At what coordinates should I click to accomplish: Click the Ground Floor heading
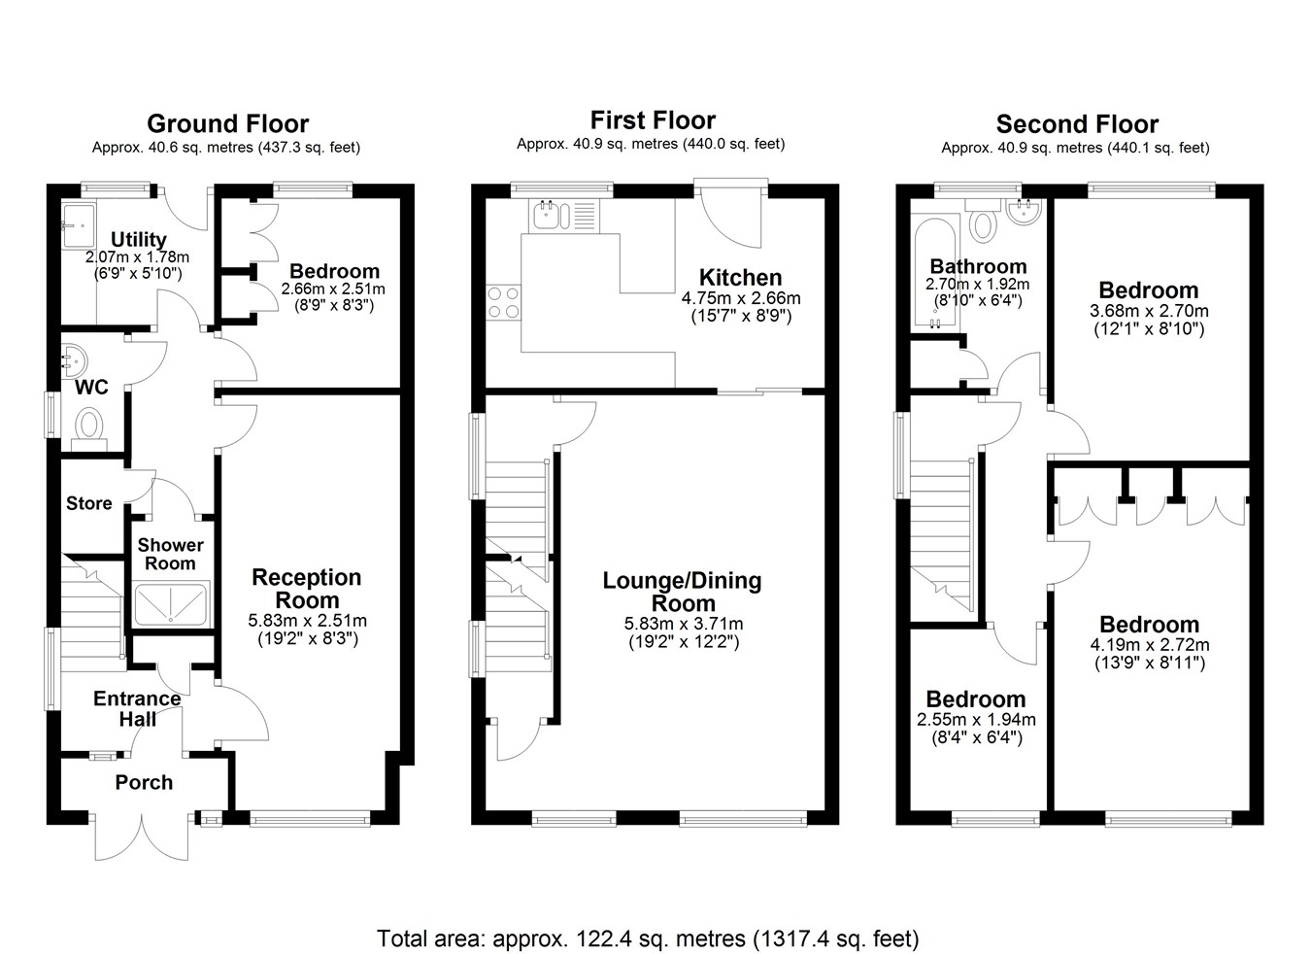pos(227,123)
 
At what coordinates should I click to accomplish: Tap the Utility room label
pos(139,239)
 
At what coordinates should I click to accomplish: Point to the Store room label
pos(89,503)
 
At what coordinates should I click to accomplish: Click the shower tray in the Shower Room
pos(170,604)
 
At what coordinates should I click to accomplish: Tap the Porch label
pos(144,782)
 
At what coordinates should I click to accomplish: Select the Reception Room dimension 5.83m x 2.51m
pos(307,620)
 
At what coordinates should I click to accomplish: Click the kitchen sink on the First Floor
pos(564,215)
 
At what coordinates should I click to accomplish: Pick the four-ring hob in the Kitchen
pos(503,302)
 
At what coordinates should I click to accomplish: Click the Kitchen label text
pos(740,277)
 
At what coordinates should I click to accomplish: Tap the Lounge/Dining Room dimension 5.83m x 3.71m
pos(684,624)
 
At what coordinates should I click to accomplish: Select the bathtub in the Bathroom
pos(935,271)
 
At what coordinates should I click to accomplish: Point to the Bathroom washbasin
pos(1025,211)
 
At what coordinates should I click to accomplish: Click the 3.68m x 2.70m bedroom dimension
pos(1149,310)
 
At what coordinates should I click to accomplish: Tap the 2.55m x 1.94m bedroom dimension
pos(976,719)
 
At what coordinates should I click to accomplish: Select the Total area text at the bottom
pos(648,922)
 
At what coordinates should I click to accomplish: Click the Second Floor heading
pos(1077,124)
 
